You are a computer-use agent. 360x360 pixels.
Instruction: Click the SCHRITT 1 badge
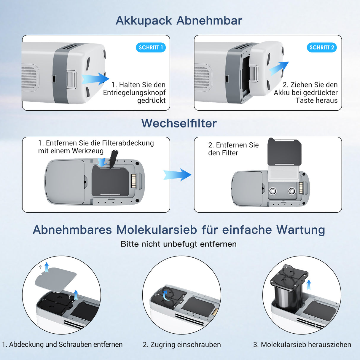(151, 47)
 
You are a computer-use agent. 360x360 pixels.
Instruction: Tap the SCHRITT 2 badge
(321, 47)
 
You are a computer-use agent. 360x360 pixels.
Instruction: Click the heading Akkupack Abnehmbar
(179, 20)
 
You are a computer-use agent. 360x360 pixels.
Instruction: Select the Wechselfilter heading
(179, 123)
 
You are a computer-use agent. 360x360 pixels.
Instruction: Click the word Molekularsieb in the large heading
(157, 230)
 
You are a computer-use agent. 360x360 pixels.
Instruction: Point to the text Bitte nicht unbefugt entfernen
(179, 244)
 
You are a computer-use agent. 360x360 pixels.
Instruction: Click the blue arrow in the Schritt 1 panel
(95, 79)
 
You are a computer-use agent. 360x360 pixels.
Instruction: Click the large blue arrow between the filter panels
(177, 175)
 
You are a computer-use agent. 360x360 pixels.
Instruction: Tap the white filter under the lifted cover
(284, 173)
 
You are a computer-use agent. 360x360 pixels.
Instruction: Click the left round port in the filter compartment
(272, 191)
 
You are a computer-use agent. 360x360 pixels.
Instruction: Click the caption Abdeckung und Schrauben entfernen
(62, 345)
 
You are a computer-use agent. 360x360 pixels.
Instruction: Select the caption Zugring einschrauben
(182, 345)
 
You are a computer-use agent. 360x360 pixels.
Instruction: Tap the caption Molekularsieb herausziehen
(302, 345)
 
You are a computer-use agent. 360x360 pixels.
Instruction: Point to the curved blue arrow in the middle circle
(166, 295)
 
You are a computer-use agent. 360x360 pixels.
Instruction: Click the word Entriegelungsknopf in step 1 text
(134, 93)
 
